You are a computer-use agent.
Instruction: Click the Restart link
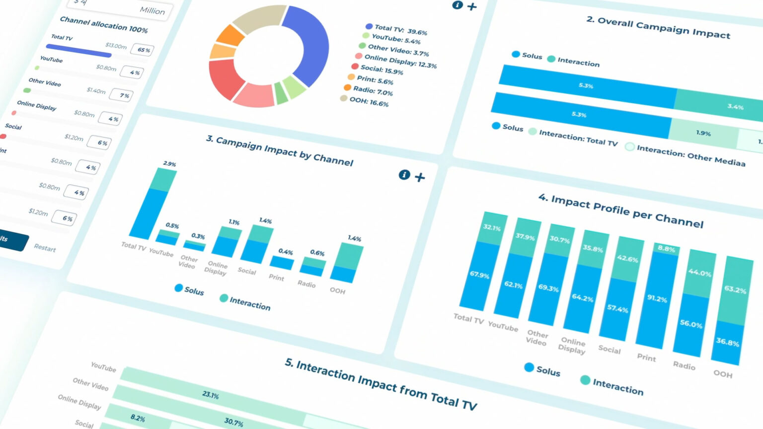coord(45,248)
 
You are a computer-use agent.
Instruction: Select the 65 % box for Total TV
coord(143,50)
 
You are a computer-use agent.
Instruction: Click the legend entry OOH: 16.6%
coord(369,102)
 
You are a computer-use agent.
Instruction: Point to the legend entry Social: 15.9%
coord(381,70)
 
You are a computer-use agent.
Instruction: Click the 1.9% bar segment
coord(703,133)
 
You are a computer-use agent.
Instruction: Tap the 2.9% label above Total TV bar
coord(169,163)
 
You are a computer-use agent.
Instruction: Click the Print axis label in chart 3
coord(277,277)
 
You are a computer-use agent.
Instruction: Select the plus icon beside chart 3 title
coord(420,177)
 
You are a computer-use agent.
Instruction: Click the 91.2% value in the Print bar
coord(657,298)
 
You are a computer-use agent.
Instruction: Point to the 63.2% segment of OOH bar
coord(735,290)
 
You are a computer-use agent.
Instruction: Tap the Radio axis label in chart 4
coord(684,365)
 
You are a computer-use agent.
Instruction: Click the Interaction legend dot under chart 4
coord(585,380)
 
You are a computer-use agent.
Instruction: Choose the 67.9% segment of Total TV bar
coord(479,275)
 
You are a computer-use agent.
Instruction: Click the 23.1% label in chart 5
coord(211,395)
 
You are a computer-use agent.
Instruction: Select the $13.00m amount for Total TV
coord(116,46)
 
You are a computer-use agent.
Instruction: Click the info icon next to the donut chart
coord(458,5)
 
